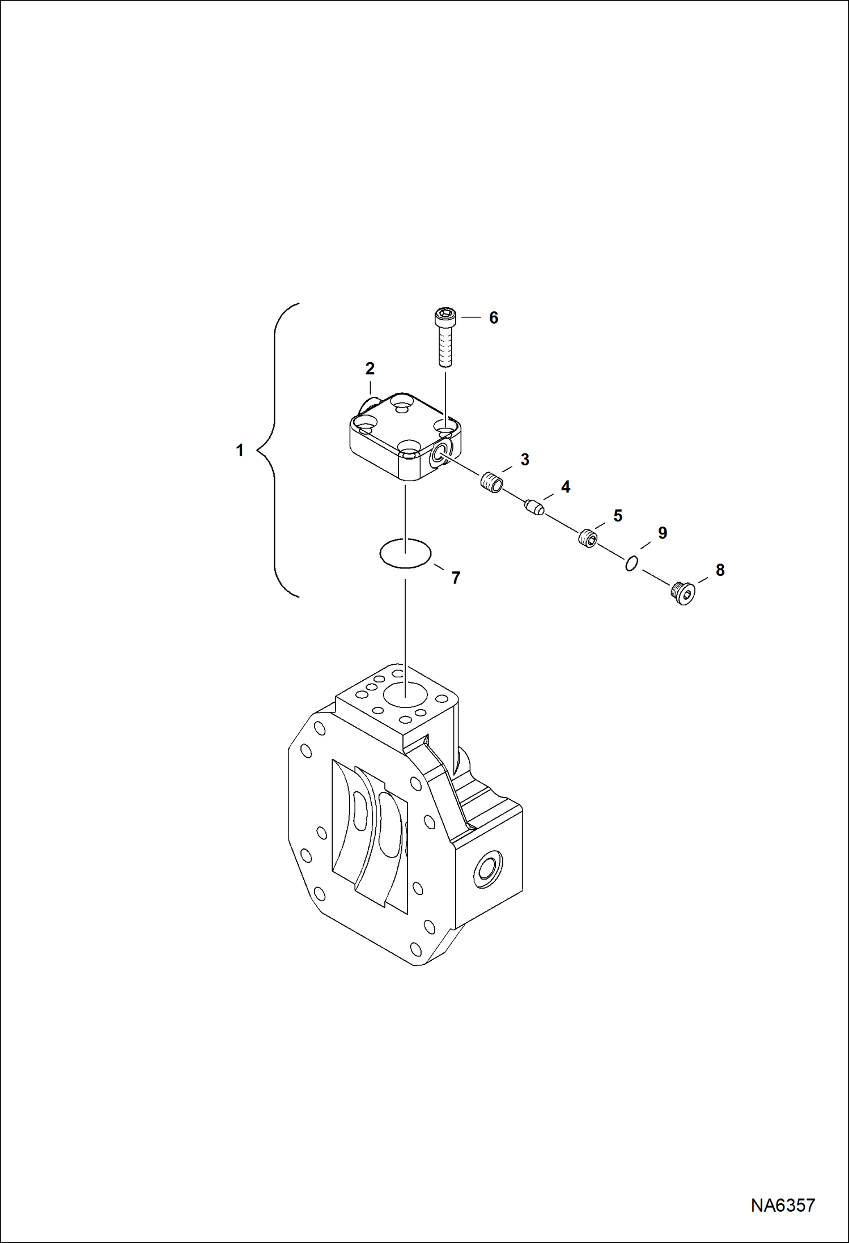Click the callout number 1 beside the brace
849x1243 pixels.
(x=240, y=451)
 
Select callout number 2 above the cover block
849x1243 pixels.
(x=370, y=369)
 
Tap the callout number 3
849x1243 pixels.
(x=525, y=460)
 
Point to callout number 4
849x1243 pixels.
(x=566, y=487)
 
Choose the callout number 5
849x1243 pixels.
(x=618, y=516)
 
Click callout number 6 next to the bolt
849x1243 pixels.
(x=494, y=318)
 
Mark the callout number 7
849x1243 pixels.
(x=456, y=578)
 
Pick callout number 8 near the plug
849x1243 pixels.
(x=720, y=570)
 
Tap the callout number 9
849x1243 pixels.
(x=663, y=533)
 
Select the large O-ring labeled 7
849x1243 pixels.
(x=406, y=553)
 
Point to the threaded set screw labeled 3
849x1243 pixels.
(x=492, y=483)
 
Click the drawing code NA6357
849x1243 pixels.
(x=783, y=1220)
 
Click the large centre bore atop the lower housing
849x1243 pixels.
(x=405, y=694)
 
